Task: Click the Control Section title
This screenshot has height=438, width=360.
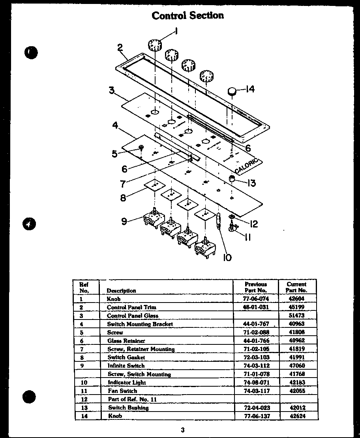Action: [187, 15]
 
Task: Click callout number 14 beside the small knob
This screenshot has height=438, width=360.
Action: [249, 89]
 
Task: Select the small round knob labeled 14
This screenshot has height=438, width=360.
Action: [232, 91]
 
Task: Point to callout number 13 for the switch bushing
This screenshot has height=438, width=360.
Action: [251, 183]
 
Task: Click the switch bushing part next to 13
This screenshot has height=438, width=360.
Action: [232, 180]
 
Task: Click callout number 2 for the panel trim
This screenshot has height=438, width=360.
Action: [120, 48]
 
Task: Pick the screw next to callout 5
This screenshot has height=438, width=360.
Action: [141, 149]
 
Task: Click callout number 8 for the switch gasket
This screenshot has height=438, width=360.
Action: [123, 197]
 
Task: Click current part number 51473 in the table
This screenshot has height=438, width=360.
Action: [296, 316]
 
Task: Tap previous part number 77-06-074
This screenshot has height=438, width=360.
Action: [256, 299]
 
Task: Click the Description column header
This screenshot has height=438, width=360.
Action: [121, 291]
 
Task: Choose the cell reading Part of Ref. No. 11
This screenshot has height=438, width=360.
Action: [132, 399]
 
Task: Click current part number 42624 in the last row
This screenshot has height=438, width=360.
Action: [296, 415]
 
